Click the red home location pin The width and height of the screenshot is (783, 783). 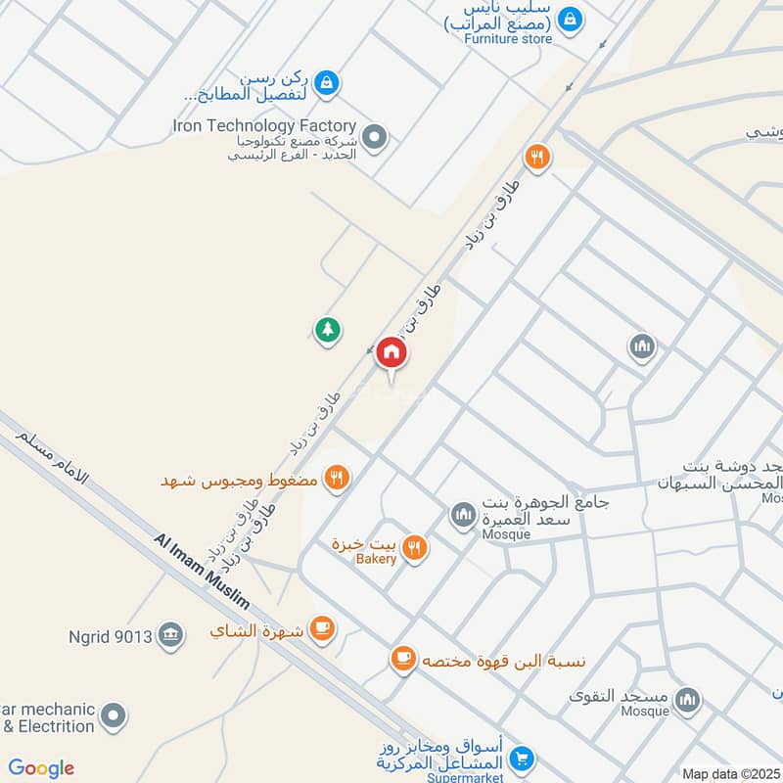pyautogui.click(x=391, y=353)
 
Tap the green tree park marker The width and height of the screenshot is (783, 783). pyautogui.click(x=328, y=331)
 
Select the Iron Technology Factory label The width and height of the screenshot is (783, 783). pyautogui.click(x=263, y=125)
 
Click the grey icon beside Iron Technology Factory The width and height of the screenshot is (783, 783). pyautogui.click(x=374, y=136)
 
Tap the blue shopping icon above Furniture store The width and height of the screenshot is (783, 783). pyautogui.click(x=570, y=18)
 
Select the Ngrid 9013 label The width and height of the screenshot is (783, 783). pyautogui.click(x=111, y=637)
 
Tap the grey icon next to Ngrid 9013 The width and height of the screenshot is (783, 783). pyautogui.click(x=171, y=635)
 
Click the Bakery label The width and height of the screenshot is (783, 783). pyautogui.click(x=376, y=559)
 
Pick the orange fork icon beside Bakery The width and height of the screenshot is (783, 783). pyautogui.click(x=415, y=549)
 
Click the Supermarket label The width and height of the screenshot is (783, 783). pyautogui.click(x=465, y=776)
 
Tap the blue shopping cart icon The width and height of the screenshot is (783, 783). pyautogui.click(x=523, y=757)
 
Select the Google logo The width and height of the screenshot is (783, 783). pyautogui.click(x=41, y=768)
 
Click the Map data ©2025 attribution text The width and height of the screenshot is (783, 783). pyautogui.click(x=731, y=773)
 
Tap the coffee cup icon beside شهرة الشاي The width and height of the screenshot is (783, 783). pyautogui.click(x=321, y=628)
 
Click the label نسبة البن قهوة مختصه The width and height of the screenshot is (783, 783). pyautogui.click(x=503, y=661)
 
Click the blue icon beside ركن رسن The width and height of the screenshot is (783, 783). pyautogui.click(x=330, y=83)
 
